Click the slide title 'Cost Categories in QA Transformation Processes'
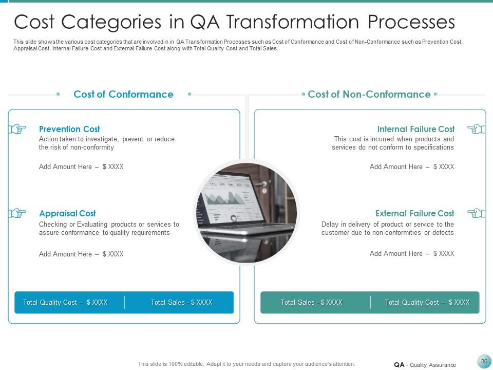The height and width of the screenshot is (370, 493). pyautogui.click(x=234, y=22)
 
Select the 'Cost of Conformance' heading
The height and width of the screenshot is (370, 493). pyautogui.click(x=123, y=94)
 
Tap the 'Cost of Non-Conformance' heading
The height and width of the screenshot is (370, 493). pyautogui.click(x=369, y=94)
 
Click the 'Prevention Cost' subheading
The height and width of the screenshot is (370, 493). pyautogui.click(x=69, y=129)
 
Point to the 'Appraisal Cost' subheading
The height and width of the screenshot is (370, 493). pyautogui.click(x=67, y=213)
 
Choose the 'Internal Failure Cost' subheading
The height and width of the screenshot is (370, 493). pyautogui.click(x=416, y=129)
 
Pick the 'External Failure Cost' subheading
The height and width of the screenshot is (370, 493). pyautogui.click(x=414, y=213)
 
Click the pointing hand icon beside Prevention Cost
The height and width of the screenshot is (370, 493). pyautogui.click(x=17, y=129)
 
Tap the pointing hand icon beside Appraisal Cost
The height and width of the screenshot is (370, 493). pyautogui.click(x=17, y=213)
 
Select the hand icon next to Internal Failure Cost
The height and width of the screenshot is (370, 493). pyautogui.click(x=476, y=129)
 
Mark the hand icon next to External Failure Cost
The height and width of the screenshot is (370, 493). pyautogui.click(x=476, y=213)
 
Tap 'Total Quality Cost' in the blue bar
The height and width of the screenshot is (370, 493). pyautogui.click(x=65, y=303)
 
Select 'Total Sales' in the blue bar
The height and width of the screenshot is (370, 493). pyautogui.click(x=181, y=303)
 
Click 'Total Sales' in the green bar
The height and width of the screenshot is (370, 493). pyautogui.click(x=311, y=303)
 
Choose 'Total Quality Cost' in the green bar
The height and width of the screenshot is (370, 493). pyautogui.click(x=427, y=303)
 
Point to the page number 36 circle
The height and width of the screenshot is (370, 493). pyautogui.click(x=484, y=361)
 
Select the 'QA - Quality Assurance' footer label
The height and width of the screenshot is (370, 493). pyautogui.click(x=425, y=365)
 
